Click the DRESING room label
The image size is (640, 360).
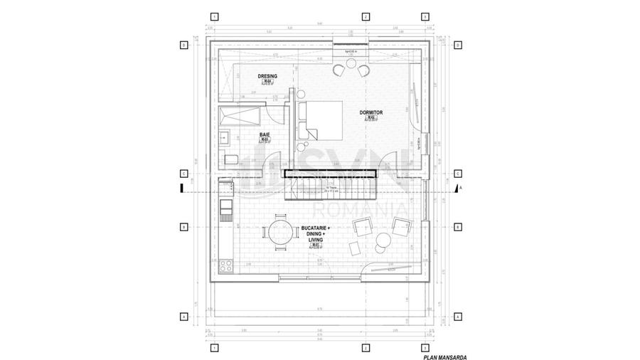point(267,75)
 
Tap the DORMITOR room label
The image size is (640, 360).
point(371,112)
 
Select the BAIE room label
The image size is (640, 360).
point(264,134)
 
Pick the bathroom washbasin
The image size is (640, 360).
point(223,137)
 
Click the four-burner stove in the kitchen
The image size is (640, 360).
point(227,266)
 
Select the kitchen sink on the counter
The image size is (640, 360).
point(226,206)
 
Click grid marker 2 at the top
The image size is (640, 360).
point(365,16)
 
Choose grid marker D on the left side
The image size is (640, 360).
point(183,45)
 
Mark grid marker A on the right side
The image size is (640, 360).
point(458,317)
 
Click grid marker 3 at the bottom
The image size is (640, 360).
point(425,347)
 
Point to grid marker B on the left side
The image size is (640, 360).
point(183,228)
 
